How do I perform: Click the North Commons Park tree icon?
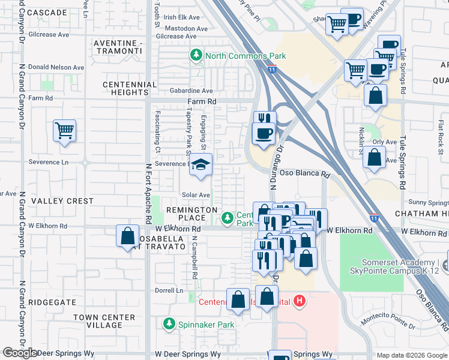pos(196,56)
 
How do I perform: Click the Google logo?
pos(20,353)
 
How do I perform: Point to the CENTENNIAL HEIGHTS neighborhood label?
pos(130,89)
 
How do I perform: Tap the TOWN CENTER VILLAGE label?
pos(97,321)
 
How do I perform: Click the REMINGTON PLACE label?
pos(191,214)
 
